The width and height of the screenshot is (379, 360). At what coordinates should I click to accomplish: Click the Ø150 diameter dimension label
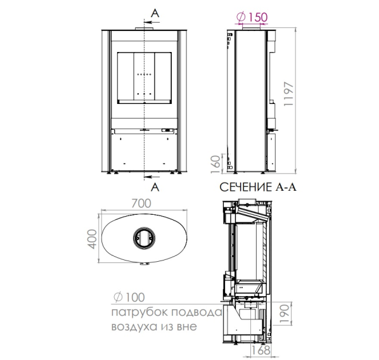[x=252, y=17]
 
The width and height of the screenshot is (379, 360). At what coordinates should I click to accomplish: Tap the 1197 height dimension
[x=288, y=94]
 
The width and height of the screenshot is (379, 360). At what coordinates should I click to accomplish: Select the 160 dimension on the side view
[x=216, y=164]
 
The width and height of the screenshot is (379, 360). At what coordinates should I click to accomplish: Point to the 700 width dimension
[x=141, y=203]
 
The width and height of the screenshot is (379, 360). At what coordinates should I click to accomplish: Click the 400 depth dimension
[x=93, y=239]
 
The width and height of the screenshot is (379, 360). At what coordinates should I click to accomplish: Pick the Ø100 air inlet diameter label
[x=129, y=297]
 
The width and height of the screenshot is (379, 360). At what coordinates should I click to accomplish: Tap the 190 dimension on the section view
[x=285, y=314]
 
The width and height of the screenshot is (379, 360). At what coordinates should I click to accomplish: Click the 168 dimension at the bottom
[x=261, y=350]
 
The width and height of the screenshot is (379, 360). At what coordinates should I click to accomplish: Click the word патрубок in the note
[x=139, y=312]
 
